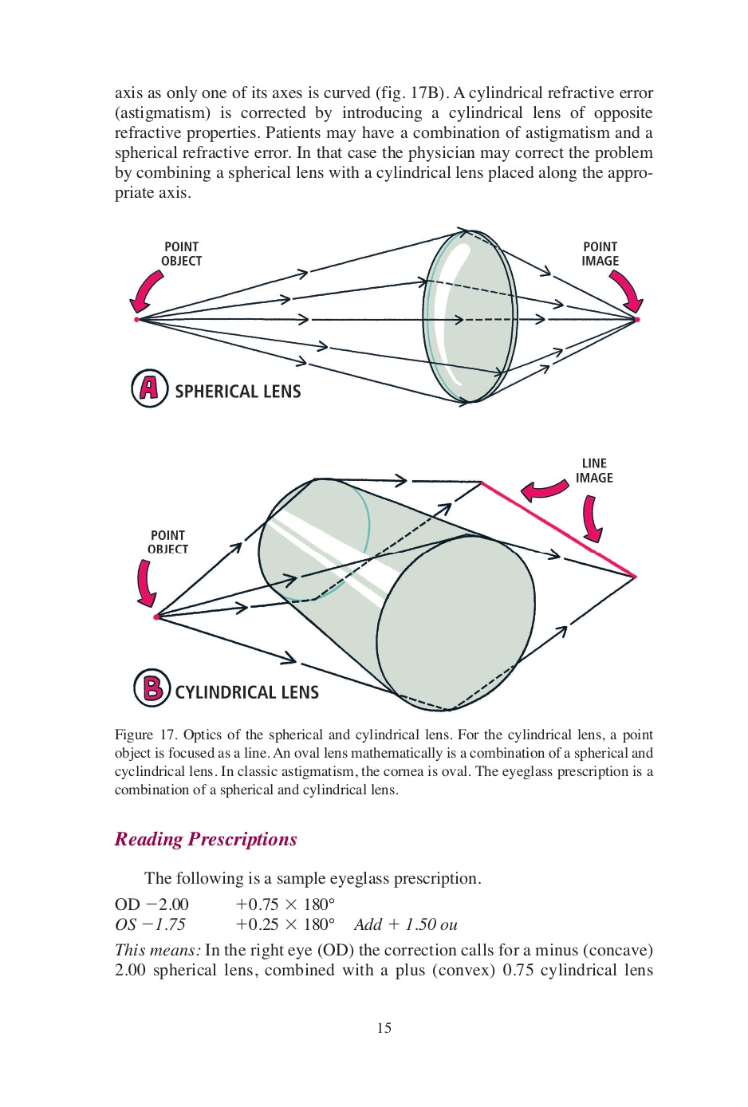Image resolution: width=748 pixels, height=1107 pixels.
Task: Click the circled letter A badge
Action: tap(149, 388)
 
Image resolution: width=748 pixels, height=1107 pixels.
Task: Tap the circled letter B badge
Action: tap(152, 687)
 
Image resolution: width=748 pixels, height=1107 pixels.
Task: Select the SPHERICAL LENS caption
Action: tap(238, 392)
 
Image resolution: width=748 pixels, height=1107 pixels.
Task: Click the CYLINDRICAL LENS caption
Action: tap(246, 692)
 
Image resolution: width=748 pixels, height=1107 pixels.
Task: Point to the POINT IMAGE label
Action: tap(600, 254)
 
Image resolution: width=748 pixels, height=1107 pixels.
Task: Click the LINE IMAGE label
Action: tap(594, 471)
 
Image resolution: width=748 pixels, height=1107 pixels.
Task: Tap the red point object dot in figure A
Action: tap(137, 319)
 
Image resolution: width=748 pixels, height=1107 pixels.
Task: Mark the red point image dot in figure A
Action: tap(637, 319)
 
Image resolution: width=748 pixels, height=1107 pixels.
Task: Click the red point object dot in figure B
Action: tap(156, 617)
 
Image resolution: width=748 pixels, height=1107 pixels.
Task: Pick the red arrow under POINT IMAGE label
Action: tap(628, 291)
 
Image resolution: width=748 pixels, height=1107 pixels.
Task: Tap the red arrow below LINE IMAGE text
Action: tap(591, 518)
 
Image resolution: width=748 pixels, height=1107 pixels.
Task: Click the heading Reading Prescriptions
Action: tap(206, 839)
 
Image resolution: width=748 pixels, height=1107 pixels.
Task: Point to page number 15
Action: tap(384, 1028)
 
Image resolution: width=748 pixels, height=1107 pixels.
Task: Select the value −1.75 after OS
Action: tap(164, 924)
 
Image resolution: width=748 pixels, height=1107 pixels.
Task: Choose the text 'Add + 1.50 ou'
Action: tap(406, 924)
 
